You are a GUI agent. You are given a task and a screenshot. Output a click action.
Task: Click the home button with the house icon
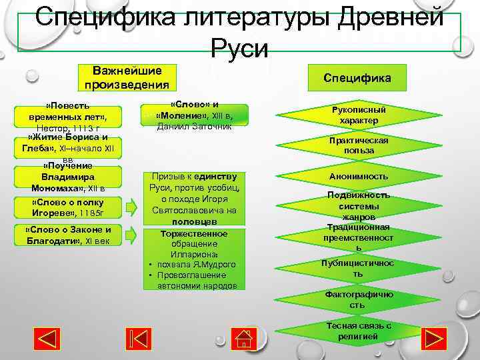click(x=245, y=338)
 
